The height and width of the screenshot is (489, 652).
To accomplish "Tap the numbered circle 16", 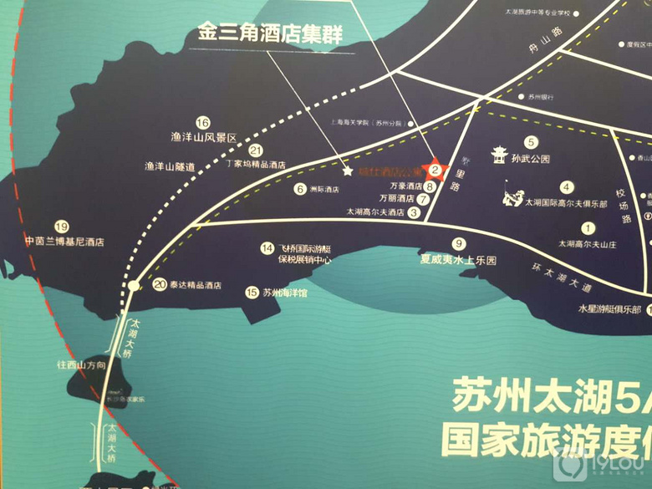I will pyautogui.click(x=201, y=122).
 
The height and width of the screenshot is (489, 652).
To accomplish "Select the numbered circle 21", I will pyautogui.click(x=256, y=150).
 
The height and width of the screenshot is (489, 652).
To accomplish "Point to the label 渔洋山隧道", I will pyautogui.click(x=170, y=166).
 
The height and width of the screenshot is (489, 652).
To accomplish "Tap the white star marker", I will pyautogui.click(x=347, y=170).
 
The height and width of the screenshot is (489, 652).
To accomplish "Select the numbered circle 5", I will pyautogui.click(x=530, y=143).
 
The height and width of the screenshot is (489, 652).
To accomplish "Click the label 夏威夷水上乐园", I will pyautogui.click(x=458, y=260).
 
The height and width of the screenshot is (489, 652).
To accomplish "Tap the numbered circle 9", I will pyautogui.click(x=458, y=244).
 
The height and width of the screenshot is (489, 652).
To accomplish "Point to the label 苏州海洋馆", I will pyautogui.click(x=283, y=293).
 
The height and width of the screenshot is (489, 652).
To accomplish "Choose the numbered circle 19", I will pyautogui.click(x=60, y=227).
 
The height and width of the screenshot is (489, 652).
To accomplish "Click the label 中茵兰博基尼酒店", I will pyautogui.click(x=64, y=242).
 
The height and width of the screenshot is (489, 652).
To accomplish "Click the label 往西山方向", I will pyautogui.click(x=81, y=365).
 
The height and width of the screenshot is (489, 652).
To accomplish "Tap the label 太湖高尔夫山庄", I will pyautogui.click(x=587, y=243).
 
